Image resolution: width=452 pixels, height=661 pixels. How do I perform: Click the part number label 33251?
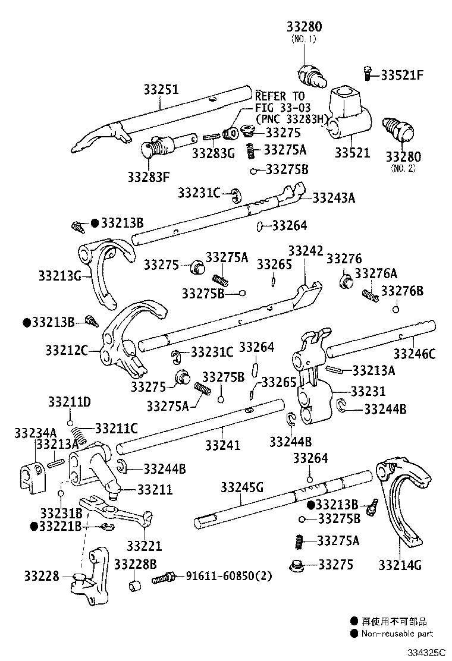point(161,90)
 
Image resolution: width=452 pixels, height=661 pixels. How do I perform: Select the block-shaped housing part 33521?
point(349,113)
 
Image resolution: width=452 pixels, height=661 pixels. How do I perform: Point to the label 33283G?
point(213,153)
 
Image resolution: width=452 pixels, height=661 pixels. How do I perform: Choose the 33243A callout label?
point(333,198)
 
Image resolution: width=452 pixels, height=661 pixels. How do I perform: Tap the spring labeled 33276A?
point(371,293)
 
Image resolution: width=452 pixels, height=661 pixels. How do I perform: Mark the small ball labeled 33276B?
point(396,309)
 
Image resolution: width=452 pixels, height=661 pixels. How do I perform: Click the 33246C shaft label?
point(415,354)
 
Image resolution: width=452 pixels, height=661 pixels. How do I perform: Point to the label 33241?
point(223,444)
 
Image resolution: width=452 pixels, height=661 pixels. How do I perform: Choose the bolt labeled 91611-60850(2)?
point(163,577)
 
